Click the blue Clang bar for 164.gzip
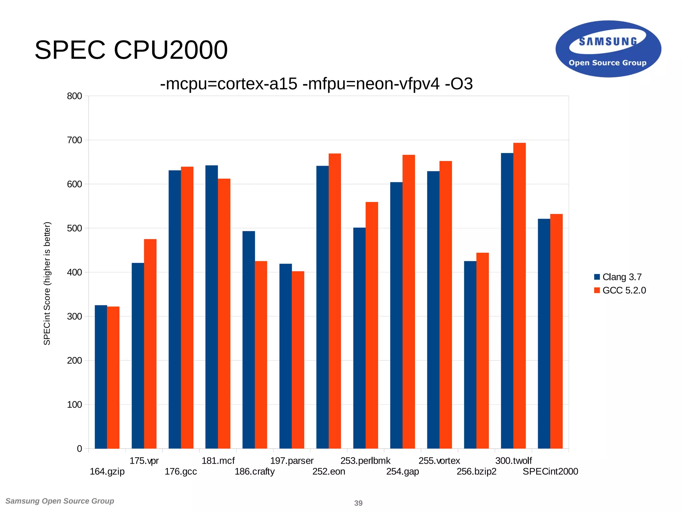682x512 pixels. [101, 377]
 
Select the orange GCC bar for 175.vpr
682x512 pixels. [150, 344]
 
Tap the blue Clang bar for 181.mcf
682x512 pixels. [211, 307]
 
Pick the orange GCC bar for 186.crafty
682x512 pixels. [261, 355]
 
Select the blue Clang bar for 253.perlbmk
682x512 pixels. [359, 338]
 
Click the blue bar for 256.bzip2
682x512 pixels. [470, 355]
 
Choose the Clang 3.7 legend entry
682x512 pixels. [618, 277]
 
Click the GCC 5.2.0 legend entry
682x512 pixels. [620, 290]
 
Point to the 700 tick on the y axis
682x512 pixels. [75, 140]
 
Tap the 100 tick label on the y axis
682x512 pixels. [75, 404]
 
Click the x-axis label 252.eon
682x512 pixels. [329, 471]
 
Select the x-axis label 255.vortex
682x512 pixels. [439, 461]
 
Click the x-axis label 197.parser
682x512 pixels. [292, 461]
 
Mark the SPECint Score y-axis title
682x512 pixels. [47, 283]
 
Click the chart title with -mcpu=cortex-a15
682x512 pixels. [316, 84]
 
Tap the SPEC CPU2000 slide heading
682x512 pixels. [131, 50]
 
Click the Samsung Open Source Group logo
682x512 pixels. [608, 49]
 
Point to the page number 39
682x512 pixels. [358, 503]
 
